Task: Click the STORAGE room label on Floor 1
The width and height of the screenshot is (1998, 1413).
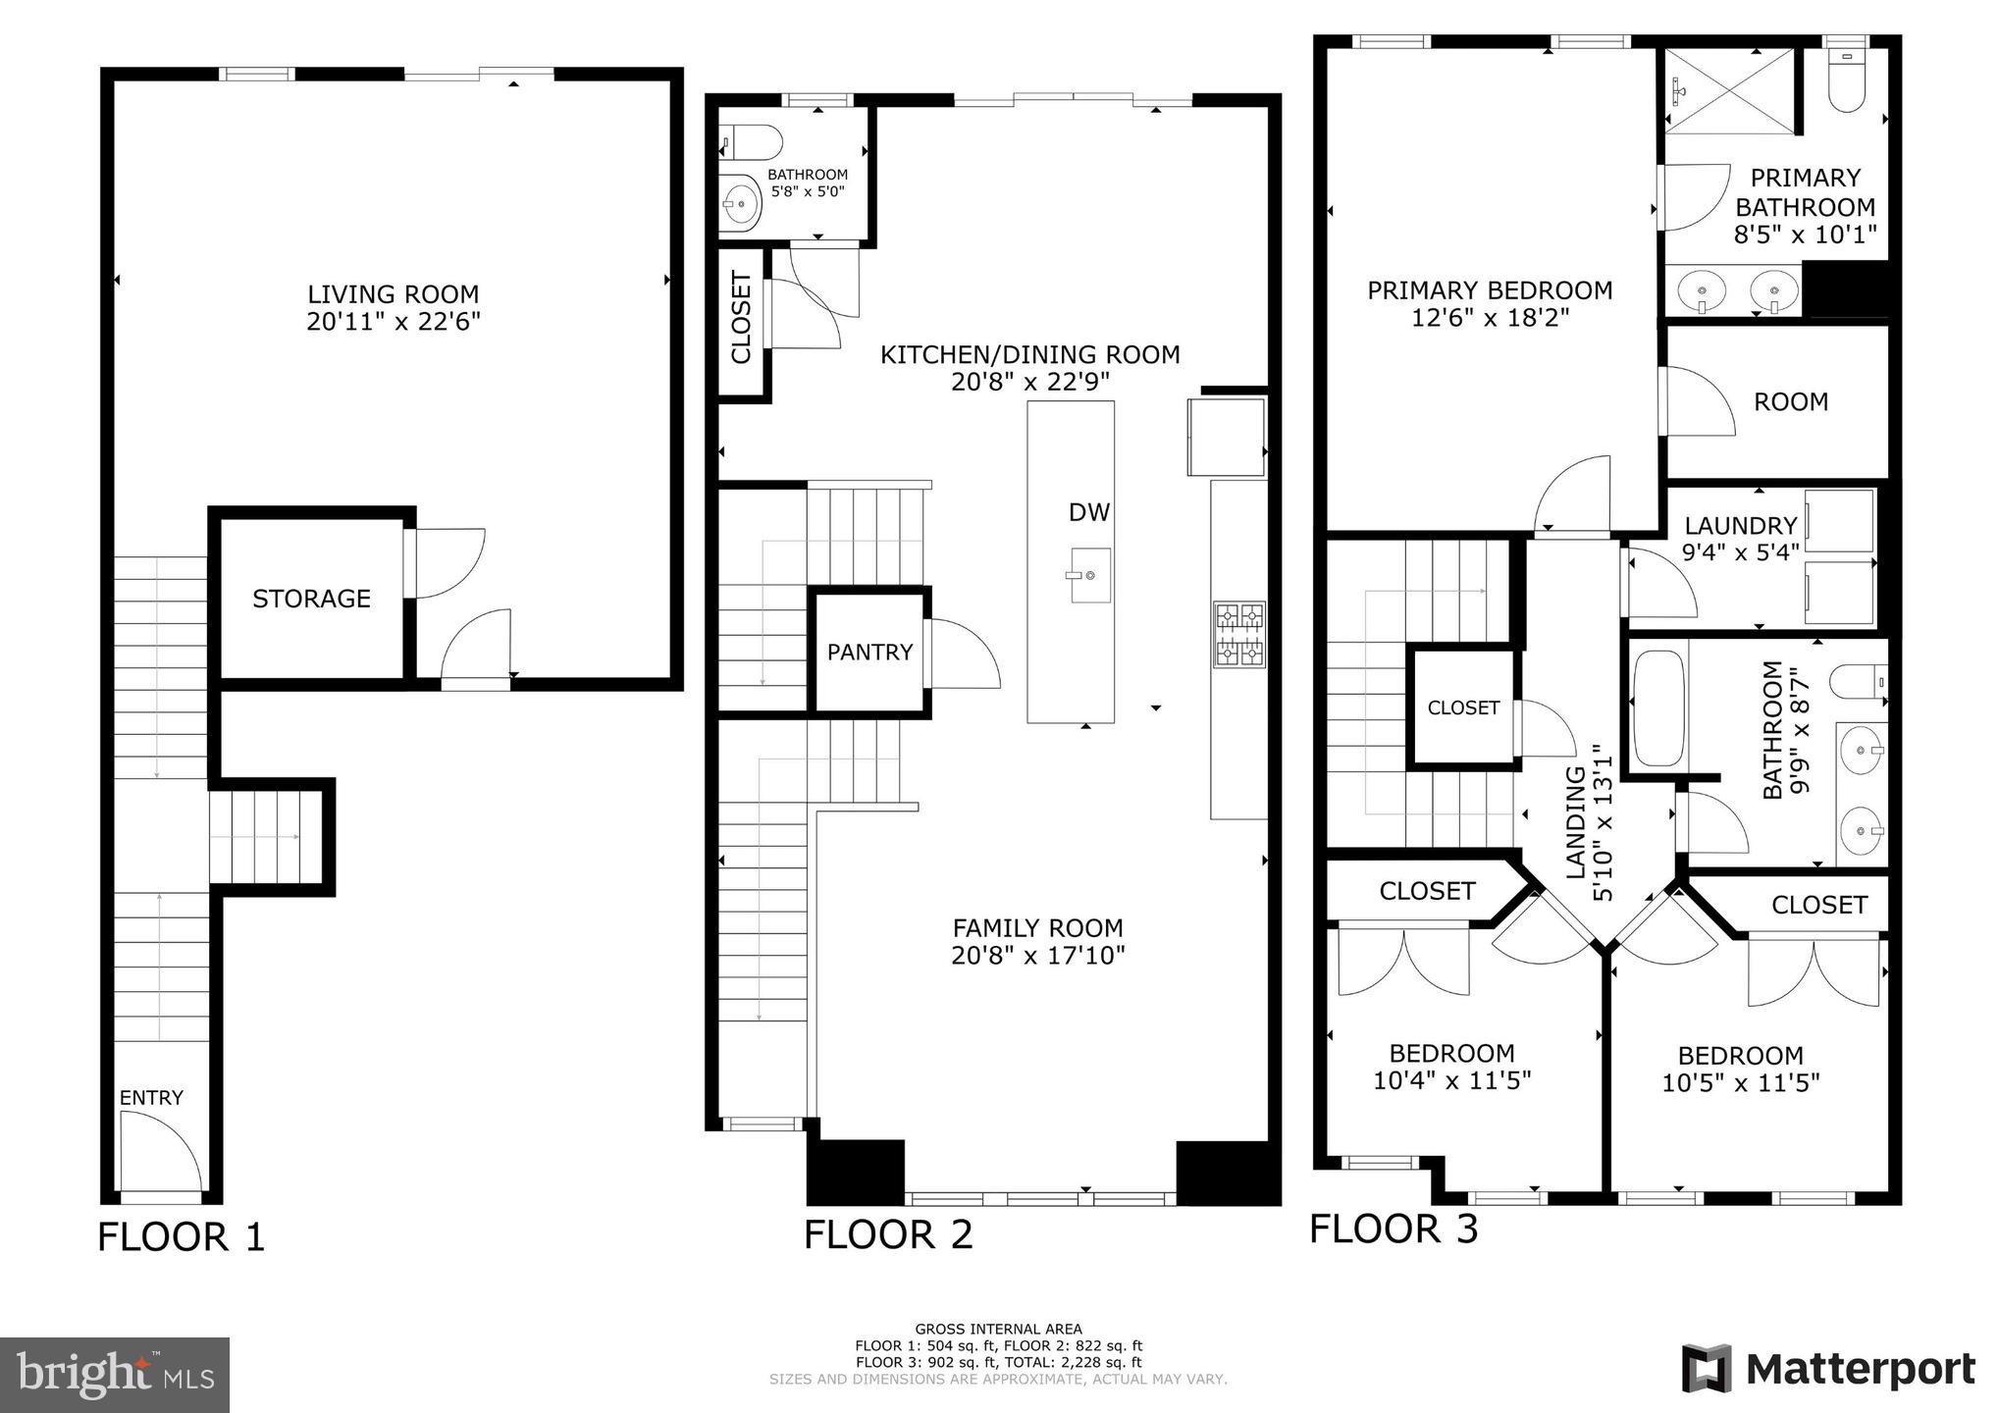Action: (x=311, y=599)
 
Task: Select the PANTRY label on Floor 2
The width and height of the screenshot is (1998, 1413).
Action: (x=869, y=653)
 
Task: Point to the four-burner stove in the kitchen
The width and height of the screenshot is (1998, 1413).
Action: (x=1239, y=635)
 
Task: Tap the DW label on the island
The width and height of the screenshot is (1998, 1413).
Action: (x=1088, y=511)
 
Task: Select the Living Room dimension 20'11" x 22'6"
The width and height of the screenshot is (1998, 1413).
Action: (x=393, y=322)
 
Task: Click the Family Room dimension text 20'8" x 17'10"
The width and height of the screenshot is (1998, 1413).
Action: (x=1037, y=955)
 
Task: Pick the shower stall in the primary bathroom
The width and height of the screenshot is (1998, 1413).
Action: (x=1729, y=91)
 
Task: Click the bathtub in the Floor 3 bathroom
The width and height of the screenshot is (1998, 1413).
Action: (x=1658, y=707)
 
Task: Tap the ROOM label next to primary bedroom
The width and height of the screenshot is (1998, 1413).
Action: (x=1790, y=402)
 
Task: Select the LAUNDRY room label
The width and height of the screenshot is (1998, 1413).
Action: (x=1740, y=526)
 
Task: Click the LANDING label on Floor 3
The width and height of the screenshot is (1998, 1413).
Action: (x=1575, y=821)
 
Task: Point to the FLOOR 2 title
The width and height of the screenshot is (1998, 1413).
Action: (x=888, y=1234)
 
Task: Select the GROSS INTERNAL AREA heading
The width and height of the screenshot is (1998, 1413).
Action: (x=998, y=1330)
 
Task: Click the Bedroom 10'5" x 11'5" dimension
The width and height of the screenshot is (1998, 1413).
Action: (x=1740, y=1083)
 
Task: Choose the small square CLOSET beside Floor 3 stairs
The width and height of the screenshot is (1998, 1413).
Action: (x=1462, y=707)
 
